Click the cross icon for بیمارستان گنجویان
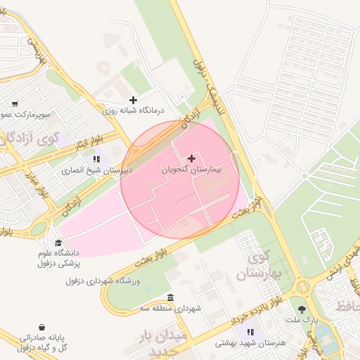pyautogui.click(x=192, y=159)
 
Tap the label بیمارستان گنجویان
pyautogui.click(x=192, y=170)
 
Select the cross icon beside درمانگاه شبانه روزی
pyautogui.click(x=133, y=100)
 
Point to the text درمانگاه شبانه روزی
pyautogui.click(x=133, y=111)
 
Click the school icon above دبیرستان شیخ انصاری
pyautogui.click(x=96, y=159)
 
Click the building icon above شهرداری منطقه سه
pyautogui.click(x=171, y=297)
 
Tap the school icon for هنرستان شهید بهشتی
pyautogui.click(x=250, y=331)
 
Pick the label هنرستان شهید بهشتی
pyautogui.click(x=250, y=343)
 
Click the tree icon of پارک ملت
pyautogui.click(x=302, y=309)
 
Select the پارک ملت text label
pyautogui.click(x=302, y=320)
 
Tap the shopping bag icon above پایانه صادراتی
pyautogui.click(x=43, y=327)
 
